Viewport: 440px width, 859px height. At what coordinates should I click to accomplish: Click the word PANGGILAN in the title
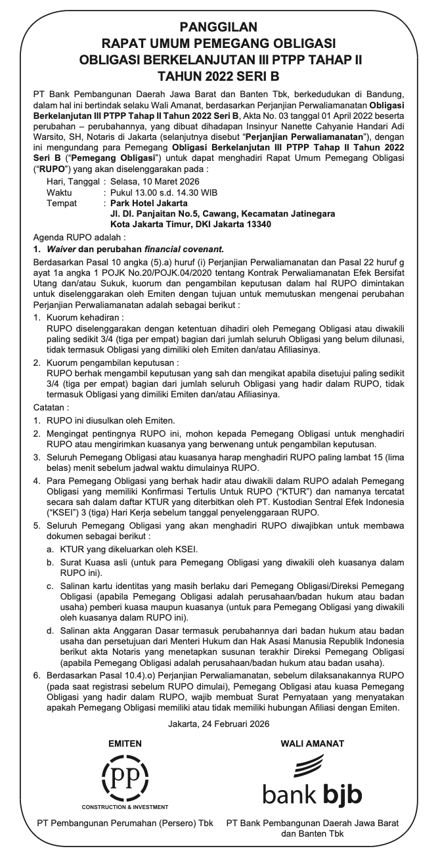click(x=219, y=27)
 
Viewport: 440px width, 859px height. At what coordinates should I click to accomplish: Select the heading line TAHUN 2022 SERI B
click(x=219, y=75)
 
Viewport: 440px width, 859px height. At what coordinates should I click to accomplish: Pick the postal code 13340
click(x=257, y=224)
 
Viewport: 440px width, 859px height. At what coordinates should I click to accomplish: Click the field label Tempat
click(x=62, y=204)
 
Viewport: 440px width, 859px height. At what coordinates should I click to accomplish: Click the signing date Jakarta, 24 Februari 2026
click(x=219, y=724)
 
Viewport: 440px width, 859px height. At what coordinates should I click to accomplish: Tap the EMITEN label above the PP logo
click(x=125, y=743)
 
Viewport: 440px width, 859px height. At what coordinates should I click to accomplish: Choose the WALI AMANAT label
click(x=312, y=743)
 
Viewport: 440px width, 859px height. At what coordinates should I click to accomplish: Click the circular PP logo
click(x=125, y=776)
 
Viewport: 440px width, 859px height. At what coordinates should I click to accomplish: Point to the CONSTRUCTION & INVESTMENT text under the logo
click(x=125, y=806)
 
